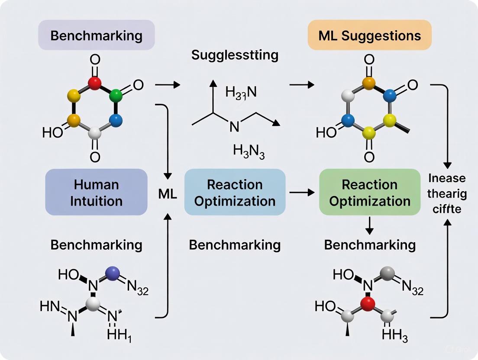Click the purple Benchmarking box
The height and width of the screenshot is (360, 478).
[x=96, y=35]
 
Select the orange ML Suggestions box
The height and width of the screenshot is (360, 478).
[x=369, y=35]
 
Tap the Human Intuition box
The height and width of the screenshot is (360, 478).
[x=96, y=192]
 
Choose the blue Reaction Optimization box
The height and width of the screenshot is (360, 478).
[x=235, y=192]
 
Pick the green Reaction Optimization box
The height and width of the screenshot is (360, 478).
[x=369, y=192]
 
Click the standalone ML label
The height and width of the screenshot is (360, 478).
[x=167, y=194]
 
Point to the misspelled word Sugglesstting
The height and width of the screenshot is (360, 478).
[x=235, y=55]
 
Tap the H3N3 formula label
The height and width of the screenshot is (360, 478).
[x=249, y=151]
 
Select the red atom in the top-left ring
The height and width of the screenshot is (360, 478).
[x=94, y=82]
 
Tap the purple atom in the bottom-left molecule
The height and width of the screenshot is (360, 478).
[x=113, y=273]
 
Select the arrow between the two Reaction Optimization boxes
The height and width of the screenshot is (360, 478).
[x=302, y=192]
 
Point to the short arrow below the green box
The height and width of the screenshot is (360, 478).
[x=369, y=224]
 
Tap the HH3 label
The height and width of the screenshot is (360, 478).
[x=393, y=334]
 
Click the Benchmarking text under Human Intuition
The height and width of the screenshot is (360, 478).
[x=96, y=244]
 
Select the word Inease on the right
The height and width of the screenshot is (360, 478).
[x=447, y=178]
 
